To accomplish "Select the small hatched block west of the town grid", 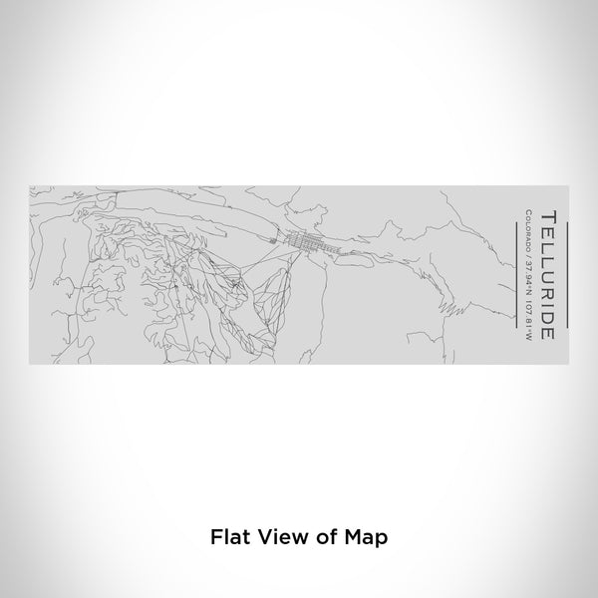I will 277,238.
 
